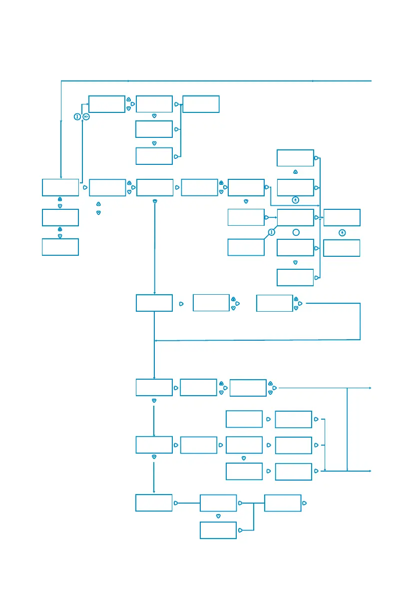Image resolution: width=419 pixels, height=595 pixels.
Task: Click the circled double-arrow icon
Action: point(86,117)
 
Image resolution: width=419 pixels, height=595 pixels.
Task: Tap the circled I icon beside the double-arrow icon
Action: point(78,117)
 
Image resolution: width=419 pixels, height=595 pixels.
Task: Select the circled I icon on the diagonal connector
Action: point(271,232)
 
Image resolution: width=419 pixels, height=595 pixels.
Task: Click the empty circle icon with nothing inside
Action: point(295,232)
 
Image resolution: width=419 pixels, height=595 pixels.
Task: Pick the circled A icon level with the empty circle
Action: point(342,232)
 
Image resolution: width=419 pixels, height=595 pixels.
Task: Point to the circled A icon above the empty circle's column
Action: point(295,200)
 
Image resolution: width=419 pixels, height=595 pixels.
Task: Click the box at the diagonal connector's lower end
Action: point(246,247)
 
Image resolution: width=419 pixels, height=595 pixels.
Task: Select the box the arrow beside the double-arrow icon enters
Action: point(106,103)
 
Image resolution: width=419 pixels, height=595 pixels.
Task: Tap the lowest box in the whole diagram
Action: point(218,530)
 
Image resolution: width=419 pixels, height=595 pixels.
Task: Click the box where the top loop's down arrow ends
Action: point(60,187)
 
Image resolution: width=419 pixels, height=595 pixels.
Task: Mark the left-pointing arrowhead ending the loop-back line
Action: point(157,341)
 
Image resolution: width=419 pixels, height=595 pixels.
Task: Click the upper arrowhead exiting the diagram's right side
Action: point(370,388)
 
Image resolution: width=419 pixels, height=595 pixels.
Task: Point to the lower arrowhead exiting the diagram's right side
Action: point(370,471)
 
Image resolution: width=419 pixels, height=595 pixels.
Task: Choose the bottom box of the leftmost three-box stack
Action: point(60,247)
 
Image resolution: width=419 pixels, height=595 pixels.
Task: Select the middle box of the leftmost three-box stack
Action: point(60,217)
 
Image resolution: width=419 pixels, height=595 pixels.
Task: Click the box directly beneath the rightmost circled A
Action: point(342,248)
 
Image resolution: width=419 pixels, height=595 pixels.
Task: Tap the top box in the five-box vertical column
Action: point(295,157)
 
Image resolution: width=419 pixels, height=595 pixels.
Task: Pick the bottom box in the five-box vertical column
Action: point(295,277)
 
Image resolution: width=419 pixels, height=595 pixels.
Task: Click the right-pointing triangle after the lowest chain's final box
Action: point(305,503)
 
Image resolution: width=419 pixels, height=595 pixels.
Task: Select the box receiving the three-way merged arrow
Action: point(201,103)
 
